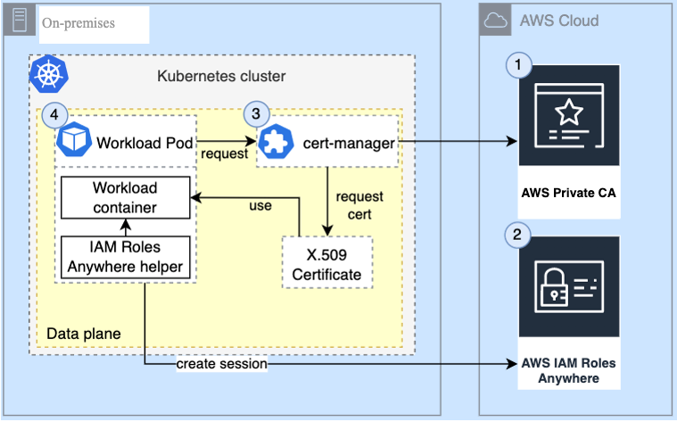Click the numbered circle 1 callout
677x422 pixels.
[519, 64]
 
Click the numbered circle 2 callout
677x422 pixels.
[519, 236]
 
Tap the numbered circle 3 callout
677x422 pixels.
[256, 114]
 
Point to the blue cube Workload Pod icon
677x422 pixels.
[73, 141]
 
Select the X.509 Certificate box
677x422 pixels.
[326, 263]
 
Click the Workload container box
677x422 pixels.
[125, 198]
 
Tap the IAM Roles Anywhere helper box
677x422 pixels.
[125, 257]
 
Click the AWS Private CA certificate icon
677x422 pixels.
[568, 124]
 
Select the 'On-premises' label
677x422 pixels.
[78, 23]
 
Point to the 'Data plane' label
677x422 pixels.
[83, 334]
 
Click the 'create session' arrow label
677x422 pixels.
[221, 364]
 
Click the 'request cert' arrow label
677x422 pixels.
[359, 204]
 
